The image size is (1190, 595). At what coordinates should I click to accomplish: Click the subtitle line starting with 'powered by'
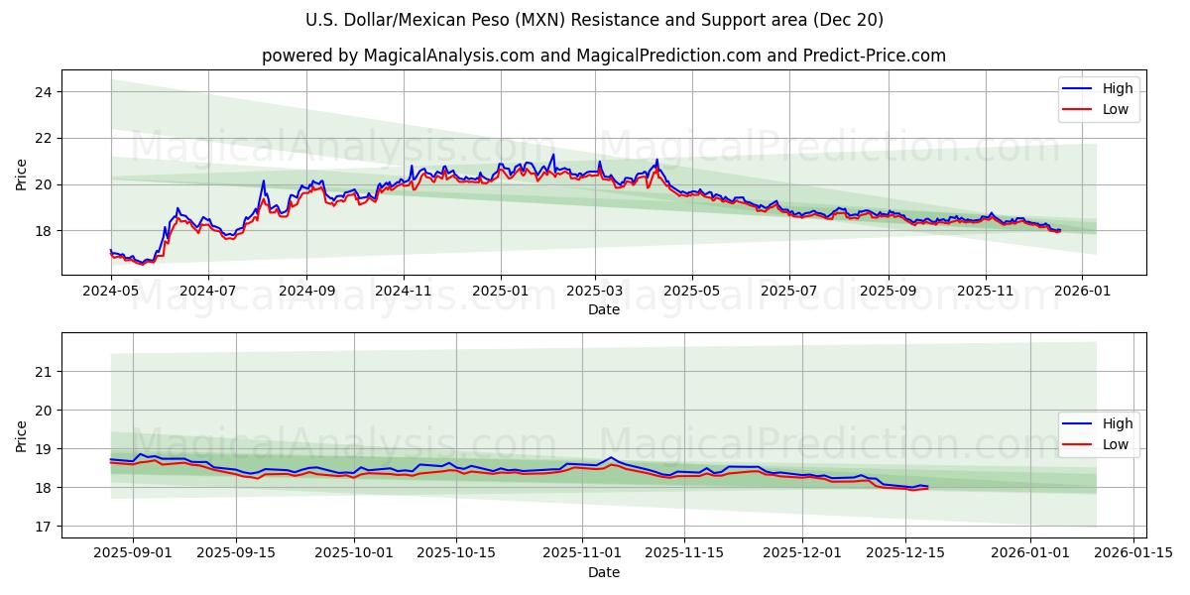(x=603, y=56)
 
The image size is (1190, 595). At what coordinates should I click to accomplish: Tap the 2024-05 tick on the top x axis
(x=110, y=292)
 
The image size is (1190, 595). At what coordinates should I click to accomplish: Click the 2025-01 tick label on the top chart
(x=500, y=292)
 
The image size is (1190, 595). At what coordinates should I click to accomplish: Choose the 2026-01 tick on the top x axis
(x=1082, y=292)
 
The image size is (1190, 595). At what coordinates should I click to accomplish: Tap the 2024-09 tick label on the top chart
(x=305, y=292)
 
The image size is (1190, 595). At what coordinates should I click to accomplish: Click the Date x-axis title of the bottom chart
(x=603, y=573)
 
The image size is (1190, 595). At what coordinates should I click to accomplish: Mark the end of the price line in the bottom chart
(x=927, y=487)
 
